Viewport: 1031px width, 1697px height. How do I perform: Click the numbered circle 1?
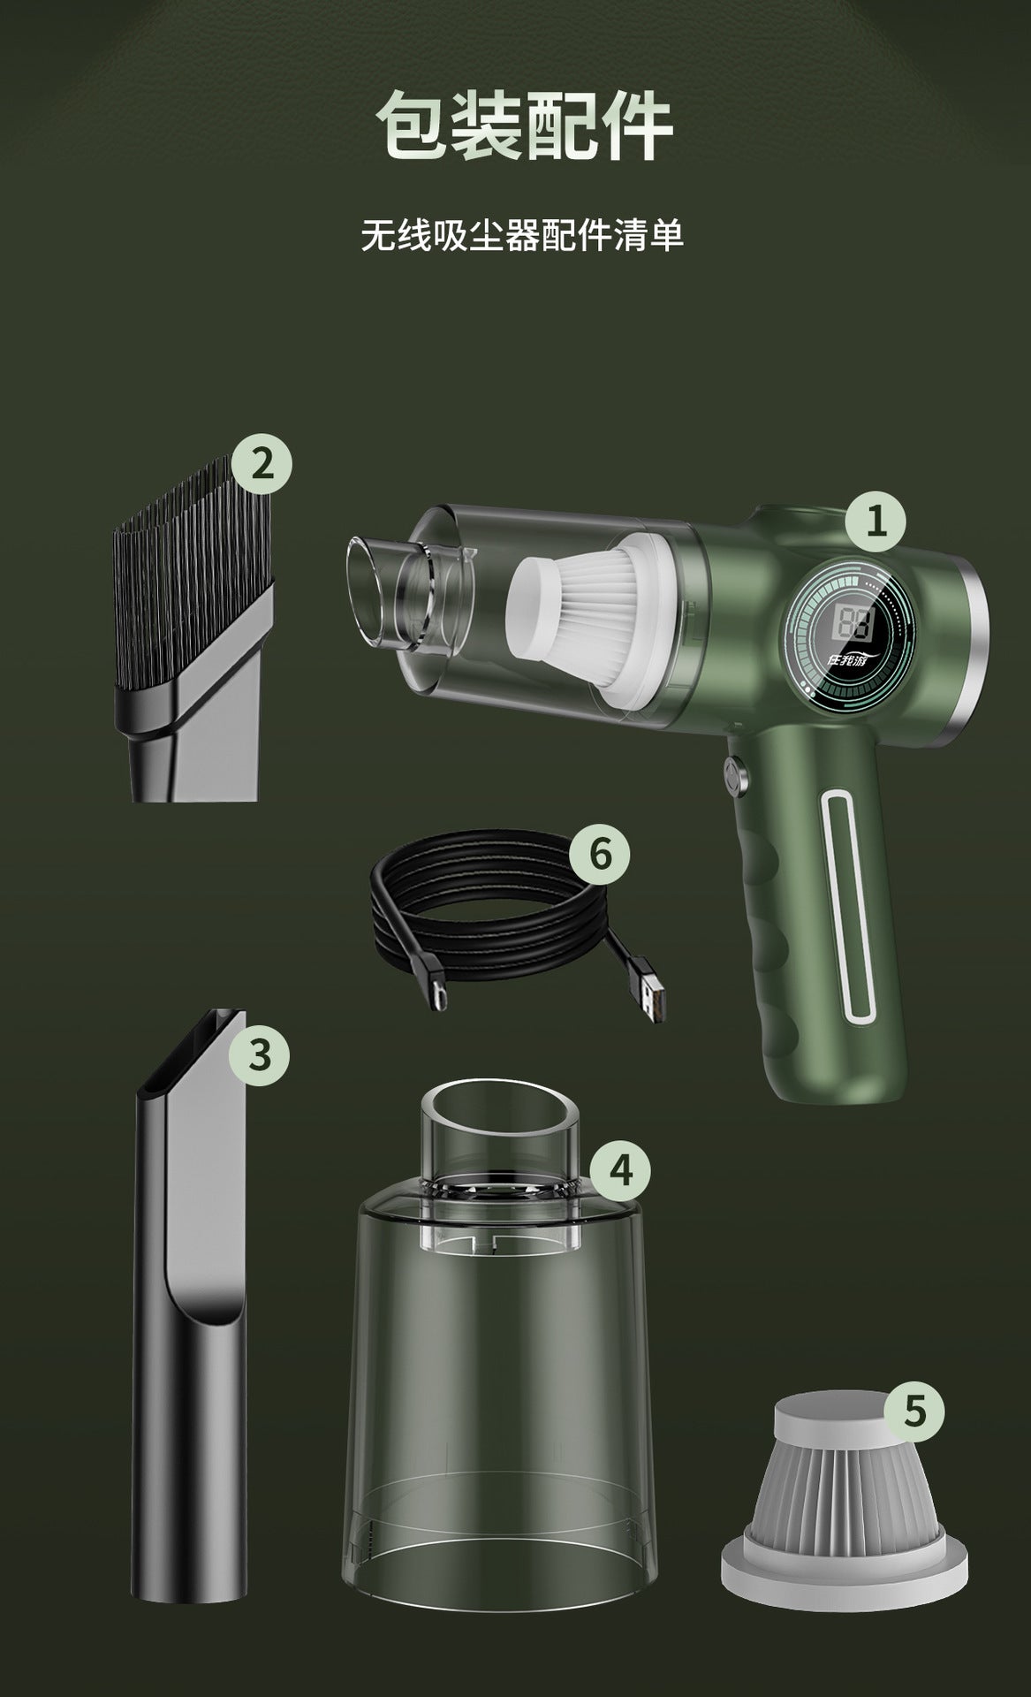click(x=876, y=521)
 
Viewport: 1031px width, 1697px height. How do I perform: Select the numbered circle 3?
click(x=259, y=1054)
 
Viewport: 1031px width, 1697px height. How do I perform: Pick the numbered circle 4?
click(x=621, y=1170)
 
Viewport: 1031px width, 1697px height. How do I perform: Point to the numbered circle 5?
click(x=914, y=1411)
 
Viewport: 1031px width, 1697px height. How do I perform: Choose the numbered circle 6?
click(x=599, y=854)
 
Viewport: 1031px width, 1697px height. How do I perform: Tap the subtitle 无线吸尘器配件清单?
click(x=522, y=236)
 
